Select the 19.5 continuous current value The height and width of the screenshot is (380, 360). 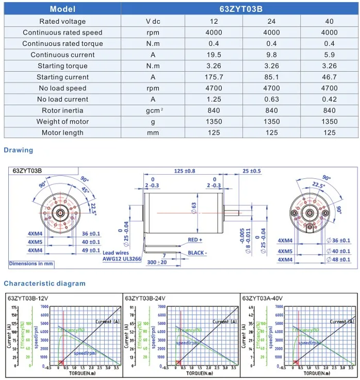tap(214, 55)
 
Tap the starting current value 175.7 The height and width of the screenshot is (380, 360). tap(214, 77)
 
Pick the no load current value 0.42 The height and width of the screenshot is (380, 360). tap(330, 100)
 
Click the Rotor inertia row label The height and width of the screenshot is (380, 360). tap(62, 110)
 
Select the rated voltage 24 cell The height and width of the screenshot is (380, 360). tap(272, 21)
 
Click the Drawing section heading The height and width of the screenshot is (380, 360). tap(18, 150)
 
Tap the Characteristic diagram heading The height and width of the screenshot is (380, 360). tap(45, 283)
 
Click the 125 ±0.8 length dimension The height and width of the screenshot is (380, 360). tap(185, 171)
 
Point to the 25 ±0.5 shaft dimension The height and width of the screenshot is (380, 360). tap(252, 171)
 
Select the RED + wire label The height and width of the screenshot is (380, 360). tap(195, 240)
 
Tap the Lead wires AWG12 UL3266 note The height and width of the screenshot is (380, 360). tap(121, 256)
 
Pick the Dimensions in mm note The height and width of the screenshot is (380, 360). tap(31, 263)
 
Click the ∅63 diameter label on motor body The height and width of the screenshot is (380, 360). tap(194, 207)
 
